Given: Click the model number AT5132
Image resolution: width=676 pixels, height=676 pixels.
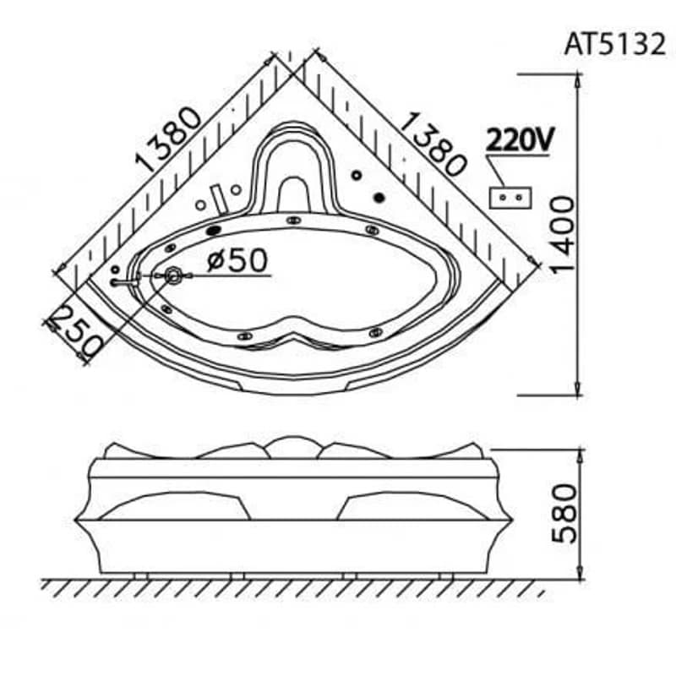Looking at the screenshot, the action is (x=615, y=45).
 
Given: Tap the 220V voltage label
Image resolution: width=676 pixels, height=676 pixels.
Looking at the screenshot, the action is (x=520, y=139).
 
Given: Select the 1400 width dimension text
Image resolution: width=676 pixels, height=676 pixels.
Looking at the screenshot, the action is (x=563, y=235).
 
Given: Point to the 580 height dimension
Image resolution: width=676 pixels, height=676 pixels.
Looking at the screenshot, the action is (x=564, y=514).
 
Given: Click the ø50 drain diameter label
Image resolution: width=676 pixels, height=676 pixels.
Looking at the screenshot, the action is (x=237, y=259).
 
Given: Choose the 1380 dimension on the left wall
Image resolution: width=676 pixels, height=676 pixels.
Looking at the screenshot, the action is (x=167, y=139).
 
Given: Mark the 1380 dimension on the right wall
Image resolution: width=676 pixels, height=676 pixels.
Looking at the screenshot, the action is (x=433, y=144).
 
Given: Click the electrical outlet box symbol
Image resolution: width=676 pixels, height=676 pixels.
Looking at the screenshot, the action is (x=510, y=198).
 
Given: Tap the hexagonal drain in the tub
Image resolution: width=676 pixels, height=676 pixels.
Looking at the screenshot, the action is (x=173, y=275).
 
